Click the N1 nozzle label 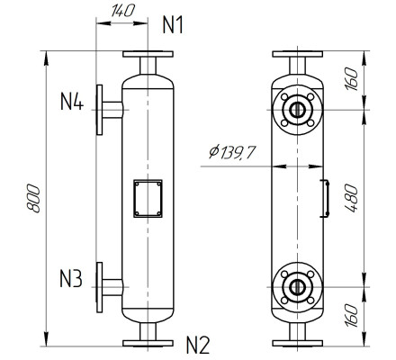pos(173,25)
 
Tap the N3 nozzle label pos(72,280)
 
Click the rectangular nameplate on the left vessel pos(147,197)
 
